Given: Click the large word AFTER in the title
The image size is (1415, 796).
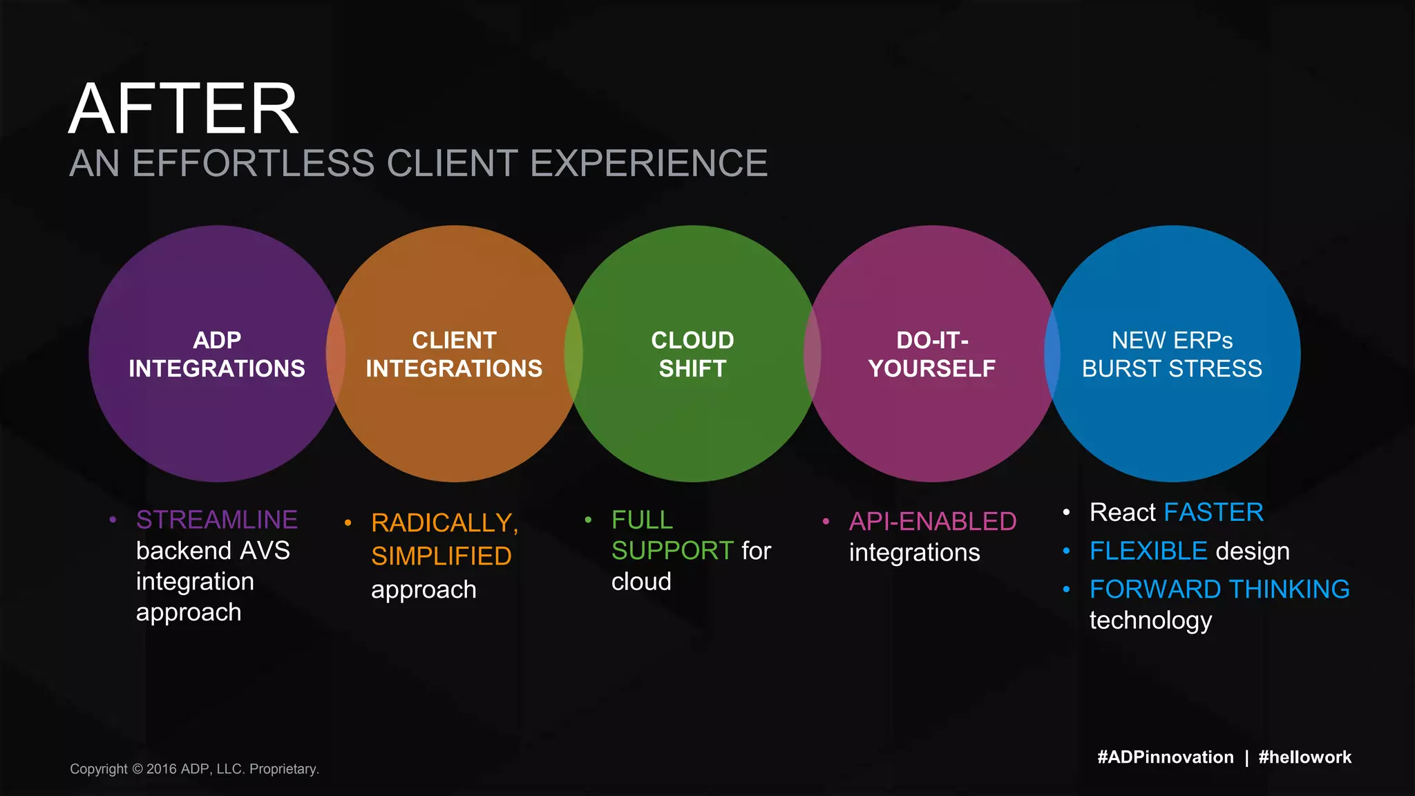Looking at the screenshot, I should pyautogui.click(x=183, y=109).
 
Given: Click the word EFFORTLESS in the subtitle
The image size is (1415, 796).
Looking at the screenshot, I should pyautogui.click(x=253, y=164).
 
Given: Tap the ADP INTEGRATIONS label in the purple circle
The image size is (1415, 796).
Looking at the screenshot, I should pyautogui.click(x=217, y=354).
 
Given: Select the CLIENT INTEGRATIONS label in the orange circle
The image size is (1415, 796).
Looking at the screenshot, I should pyautogui.click(x=454, y=354).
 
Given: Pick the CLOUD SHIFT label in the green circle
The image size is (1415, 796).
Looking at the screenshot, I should pyautogui.click(x=692, y=354).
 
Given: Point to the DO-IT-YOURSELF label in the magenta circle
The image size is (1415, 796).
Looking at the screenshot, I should pyautogui.click(x=932, y=354).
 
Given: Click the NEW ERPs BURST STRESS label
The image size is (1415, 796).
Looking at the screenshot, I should pyautogui.click(x=1172, y=354).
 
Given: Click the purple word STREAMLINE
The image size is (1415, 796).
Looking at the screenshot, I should pyautogui.click(x=217, y=520).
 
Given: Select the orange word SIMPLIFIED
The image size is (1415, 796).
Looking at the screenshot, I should pyautogui.click(x=441, y=556).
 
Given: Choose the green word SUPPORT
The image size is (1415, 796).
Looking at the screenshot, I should pyautogui.click(x=672, y=551).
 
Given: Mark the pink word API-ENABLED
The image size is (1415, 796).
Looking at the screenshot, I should pyautogui.click(x=933, y=522).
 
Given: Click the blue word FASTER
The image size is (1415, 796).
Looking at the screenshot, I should pyautogui.click(x=1214, y=513).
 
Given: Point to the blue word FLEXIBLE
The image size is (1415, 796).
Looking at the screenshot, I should pyautogui.click(x=1148, y=551).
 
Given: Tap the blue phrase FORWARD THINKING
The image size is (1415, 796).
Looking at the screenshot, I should pyautogui.click(x=1219, y=589).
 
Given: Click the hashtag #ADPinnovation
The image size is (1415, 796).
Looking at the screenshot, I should pyautogui.click(x=1166, y=757).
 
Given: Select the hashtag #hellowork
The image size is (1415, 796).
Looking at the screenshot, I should pyautogui.click(x=1305, y=757).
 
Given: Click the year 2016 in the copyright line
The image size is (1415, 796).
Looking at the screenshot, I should pyautogui.click(x=162, y=769).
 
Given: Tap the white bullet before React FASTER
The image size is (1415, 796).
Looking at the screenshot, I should pyautogui.click(x=1067, y=512).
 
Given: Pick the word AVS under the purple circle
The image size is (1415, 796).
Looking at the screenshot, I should pyautogui.click(x=264, y=551).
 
